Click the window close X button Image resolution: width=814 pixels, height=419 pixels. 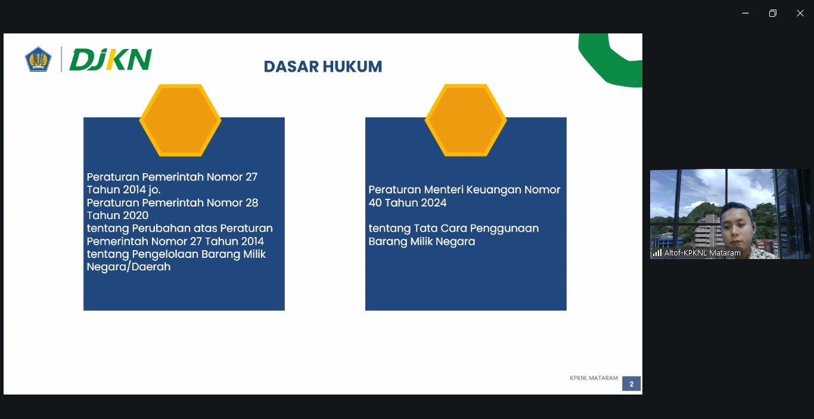pyautogui.click(x=800, y=13)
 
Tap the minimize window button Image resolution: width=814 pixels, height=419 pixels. pyautogui.click(x=745, y=13)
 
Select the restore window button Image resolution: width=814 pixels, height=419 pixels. pyautogui.click(x=773, y=13)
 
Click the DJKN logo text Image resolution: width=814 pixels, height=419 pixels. pyautogui.click(x=110, y=59)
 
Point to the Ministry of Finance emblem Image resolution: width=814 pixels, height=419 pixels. pyautogui.click(x=38, y=59)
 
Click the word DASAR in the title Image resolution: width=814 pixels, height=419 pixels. pyautogui.click(x=291, y=67)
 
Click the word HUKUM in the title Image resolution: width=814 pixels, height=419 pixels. pyautogui.click(x=353, y=67)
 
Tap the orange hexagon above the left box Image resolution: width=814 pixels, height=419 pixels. pyautogui.click(x=180, y=120)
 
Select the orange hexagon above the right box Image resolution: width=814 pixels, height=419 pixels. pyautogui.click(x=465, y=120)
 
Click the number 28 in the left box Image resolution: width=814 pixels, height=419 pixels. pyautogui.click(x=252, y=203)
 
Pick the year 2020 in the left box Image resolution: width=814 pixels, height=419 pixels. pyautogui.click(x=133, y=215)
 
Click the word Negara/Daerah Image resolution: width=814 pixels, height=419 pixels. pyautogui.click(x=129, y=267)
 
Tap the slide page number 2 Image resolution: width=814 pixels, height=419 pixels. pyautogui.click(x=631, y=384)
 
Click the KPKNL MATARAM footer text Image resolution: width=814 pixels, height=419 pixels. pyautogui.click(x=594, y=378)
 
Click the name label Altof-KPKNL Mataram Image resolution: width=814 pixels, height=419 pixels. pyautogui.click(x=702, y=252)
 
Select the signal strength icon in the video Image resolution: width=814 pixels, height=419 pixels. pyautogui.click(x=657, y=252)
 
